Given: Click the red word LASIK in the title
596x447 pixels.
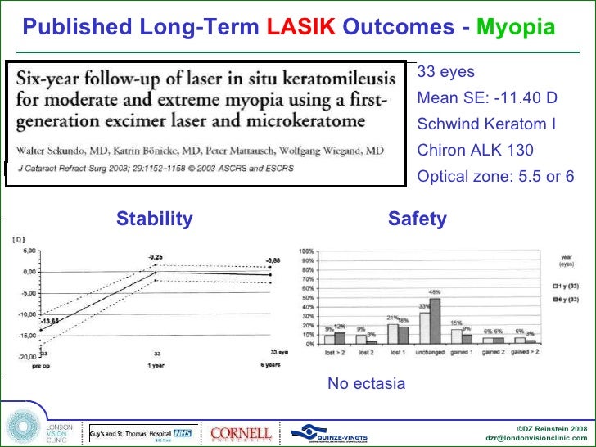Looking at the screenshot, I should click(x=301, y=27).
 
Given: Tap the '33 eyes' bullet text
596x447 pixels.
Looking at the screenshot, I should click(x=445, y=71).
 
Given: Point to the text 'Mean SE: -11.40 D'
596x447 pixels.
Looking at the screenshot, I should click(x=487, y=98).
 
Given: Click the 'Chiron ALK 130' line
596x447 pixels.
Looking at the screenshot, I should click(x=475, y=150).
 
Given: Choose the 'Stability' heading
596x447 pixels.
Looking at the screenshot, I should click(x=155, y=219).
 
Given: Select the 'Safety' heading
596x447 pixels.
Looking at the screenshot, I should click(x=418, y=219).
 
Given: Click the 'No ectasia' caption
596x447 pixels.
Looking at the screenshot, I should click(x=366, y=383).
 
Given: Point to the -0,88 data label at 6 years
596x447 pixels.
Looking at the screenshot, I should click(x=272, y=260).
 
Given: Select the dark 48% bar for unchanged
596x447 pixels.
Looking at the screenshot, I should click(x=435, y=321).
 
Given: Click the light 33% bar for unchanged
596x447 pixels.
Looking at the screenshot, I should click(x=424, y=327).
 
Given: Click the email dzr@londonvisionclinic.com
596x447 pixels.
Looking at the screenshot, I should click(x=536, y=437).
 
